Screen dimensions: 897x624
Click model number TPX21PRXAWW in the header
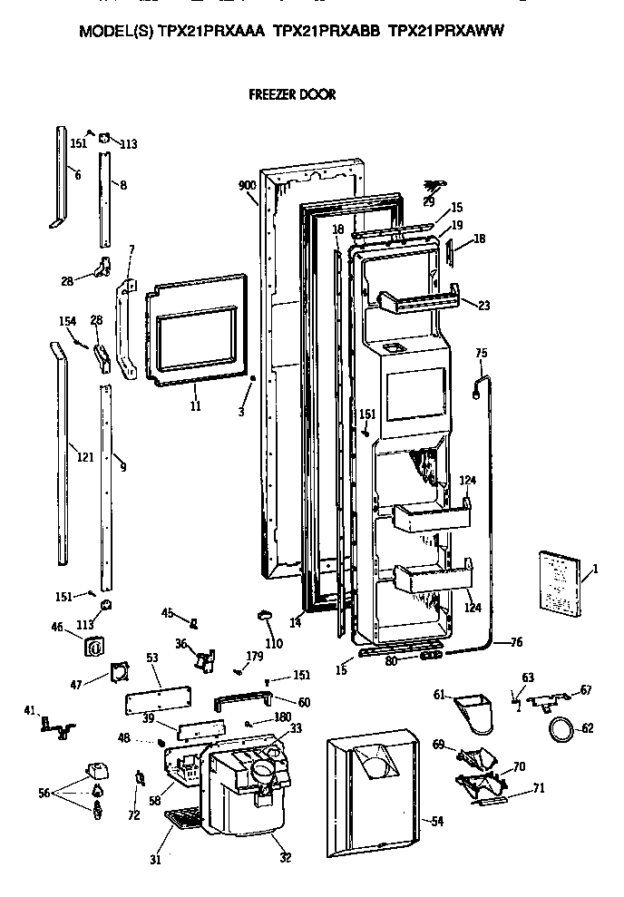pos(445,30)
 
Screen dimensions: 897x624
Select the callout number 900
pos(247,185)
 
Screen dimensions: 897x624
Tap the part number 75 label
pos(481,353)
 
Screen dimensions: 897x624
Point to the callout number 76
pos(516,642)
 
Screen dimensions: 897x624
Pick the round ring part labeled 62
pos(561,727)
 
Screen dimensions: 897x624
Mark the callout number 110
pos(273,644)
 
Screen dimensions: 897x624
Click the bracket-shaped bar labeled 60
pos(242,700)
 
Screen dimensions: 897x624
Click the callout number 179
pos(255,656)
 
